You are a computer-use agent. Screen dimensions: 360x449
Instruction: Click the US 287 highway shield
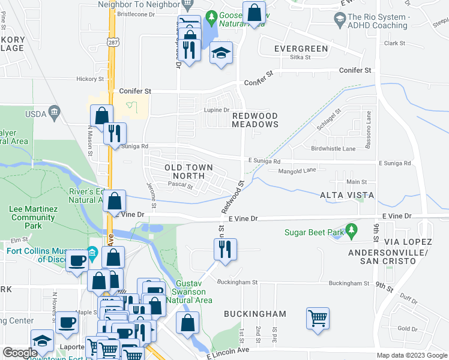tap(112, 43)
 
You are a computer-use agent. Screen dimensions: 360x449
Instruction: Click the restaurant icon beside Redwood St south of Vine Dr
tap(225, 249)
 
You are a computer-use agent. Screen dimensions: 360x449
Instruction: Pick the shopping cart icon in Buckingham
tap(318, 317)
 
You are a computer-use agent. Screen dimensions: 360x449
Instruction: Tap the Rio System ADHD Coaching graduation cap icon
tap(340, 20)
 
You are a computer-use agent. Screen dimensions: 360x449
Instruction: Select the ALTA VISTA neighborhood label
tap(347, 196)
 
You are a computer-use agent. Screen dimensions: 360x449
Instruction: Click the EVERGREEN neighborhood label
tap(301, 49)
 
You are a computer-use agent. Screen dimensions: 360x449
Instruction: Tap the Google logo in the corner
tap(20, 353)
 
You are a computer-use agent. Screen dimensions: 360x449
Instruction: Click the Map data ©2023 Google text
tap(411, 355)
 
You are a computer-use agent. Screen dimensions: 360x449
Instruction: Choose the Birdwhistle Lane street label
tap(334, 148)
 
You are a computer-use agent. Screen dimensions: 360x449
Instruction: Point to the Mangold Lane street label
tap(297, 170)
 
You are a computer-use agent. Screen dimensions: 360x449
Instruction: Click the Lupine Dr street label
tap(218, 110)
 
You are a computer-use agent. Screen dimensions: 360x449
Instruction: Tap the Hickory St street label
tap(91, 79)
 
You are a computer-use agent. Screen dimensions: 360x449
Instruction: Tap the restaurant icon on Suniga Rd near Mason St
tap(114, 133)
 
